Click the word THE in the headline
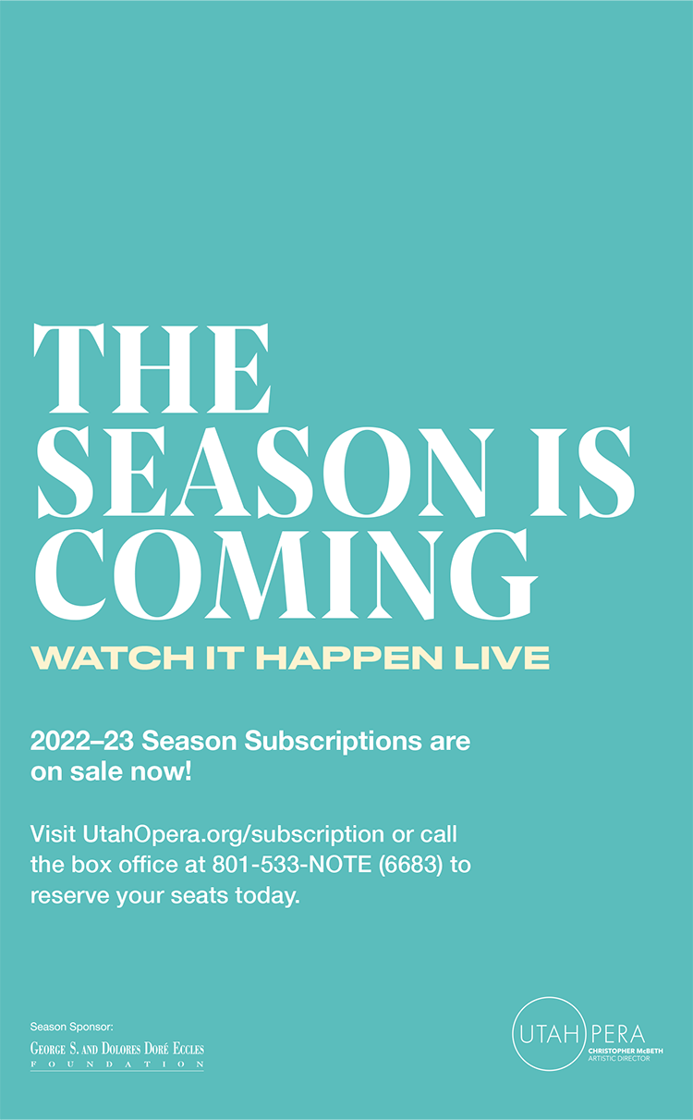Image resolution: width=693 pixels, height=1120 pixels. coord(152,368)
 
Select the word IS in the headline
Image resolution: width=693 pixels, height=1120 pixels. coord(582,472)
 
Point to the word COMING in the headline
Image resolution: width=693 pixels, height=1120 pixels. coord(286,575)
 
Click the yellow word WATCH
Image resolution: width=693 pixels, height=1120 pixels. coord(113,658)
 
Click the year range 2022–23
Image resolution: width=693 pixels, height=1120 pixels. coord(82,741)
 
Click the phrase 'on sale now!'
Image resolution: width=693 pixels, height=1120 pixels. coord(111,772)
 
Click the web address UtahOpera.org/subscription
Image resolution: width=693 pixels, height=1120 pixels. coord(234,835)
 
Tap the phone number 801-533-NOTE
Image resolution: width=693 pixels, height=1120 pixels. coord(292,865)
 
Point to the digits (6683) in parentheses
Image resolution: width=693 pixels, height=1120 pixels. coord(410,866)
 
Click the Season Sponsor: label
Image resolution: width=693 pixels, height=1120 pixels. coord(72,1027)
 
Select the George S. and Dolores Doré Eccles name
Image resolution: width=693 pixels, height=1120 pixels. coord(117,1049)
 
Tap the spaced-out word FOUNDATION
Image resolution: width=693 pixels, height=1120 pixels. coord(117,1065)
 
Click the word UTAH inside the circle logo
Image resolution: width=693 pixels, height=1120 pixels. coord(549,1035)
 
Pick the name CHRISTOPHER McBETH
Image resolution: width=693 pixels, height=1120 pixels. coord(626,1051)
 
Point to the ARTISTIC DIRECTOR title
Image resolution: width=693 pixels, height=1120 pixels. coord(619,1059)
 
